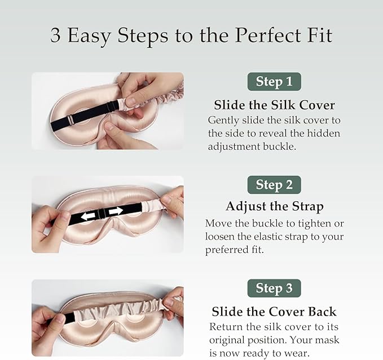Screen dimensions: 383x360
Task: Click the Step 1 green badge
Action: pyautogui.click(x=274, y=82)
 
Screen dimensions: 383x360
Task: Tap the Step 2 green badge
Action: pyautogui.click(x=274, y=185)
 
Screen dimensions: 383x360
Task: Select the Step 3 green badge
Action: pyautogui.click(x=274, y=288)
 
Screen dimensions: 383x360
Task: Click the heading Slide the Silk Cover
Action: pyautogui.click(x=274, y=105)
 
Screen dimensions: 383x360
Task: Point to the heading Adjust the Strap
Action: pyautogui.click(x=275, y=207)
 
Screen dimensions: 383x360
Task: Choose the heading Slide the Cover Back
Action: pyautogui.click(x=274, y=312)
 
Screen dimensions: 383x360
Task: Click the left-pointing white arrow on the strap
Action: pyautogui.click(x=88, y=216)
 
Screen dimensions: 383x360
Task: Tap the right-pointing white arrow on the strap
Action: pyautogui.click(x=116, y=211)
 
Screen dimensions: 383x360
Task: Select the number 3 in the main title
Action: pyautogui.click(x=55, y=35)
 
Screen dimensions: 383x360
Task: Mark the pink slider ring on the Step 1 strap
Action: pyautogui.click(x=71, y=120)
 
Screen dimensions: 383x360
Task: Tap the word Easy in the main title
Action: pyautogui.click(x=89, y=36)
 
